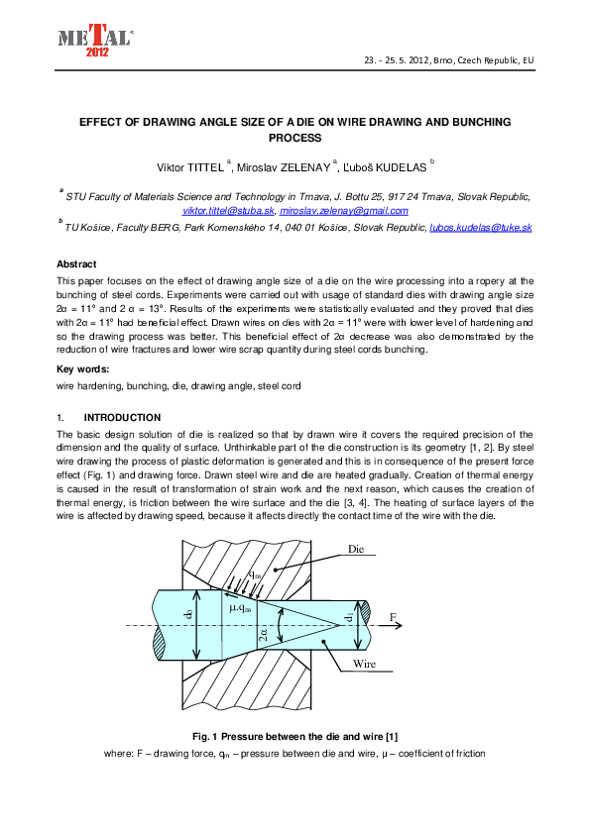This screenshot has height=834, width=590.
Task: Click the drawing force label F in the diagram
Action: point(394,616)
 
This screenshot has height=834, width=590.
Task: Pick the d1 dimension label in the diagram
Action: point(349,619)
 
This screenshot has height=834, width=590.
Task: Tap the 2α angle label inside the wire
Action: point(263,634)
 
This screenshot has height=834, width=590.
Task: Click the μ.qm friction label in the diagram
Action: point(243,607)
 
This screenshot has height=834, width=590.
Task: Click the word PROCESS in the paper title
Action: point(295,138)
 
